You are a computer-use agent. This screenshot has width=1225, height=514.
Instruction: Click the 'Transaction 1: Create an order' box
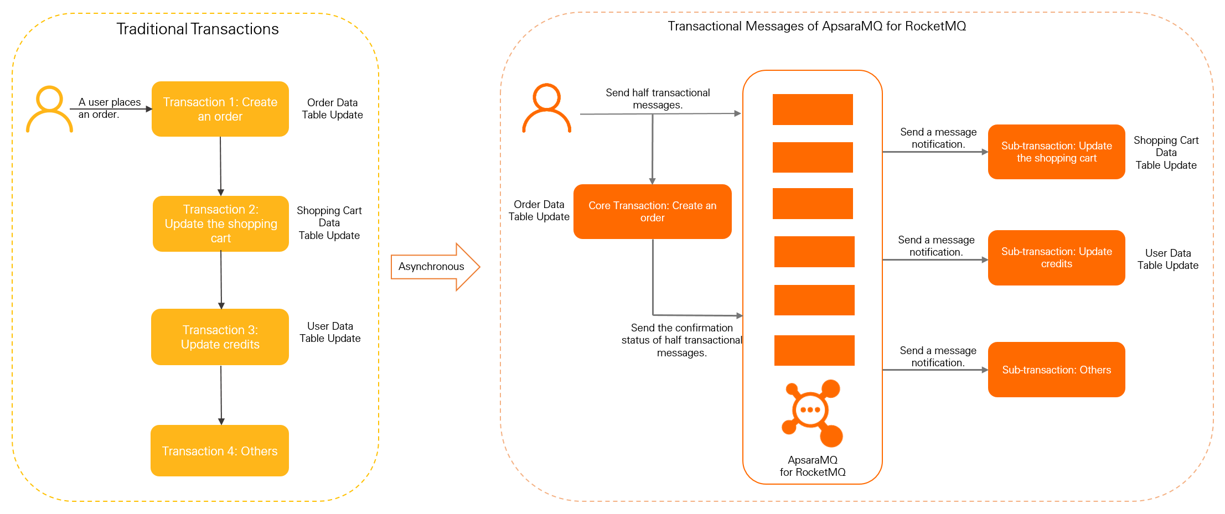pos(220,109)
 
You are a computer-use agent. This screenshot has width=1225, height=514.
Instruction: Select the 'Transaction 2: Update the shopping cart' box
pos(221,224)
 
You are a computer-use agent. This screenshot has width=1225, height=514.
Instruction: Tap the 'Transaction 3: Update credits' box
pos(220,337)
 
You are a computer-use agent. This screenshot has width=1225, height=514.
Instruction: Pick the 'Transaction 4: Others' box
pos(220,451)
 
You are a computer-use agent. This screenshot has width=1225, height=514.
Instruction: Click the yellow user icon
pos(49,109)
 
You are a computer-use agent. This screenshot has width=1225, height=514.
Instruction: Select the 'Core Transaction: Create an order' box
pos(653,211)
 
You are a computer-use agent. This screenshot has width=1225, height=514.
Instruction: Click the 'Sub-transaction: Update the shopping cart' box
pos(1056,152)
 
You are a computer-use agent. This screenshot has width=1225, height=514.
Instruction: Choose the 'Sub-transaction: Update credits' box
pos(1056,257)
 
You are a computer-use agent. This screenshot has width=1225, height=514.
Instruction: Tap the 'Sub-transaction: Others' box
pos(1056,370)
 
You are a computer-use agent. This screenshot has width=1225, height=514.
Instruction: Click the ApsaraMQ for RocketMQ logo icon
pos(812,413)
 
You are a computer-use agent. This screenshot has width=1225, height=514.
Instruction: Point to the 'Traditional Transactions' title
pos(198,29)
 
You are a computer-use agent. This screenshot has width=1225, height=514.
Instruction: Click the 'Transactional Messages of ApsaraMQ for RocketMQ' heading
pos(816,26)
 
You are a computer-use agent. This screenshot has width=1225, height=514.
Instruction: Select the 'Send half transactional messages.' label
pos(658,98)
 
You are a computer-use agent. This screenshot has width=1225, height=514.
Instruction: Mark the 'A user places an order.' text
pos(109,108)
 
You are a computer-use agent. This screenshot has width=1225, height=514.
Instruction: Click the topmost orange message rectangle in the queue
pos(813,110)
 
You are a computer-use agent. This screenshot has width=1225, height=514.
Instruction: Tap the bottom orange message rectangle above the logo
pos(814,350)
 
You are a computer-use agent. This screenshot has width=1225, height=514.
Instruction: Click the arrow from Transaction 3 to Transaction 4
pos(221,394)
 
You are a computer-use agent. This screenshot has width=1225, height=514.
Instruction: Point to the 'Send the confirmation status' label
pos(681,340)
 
